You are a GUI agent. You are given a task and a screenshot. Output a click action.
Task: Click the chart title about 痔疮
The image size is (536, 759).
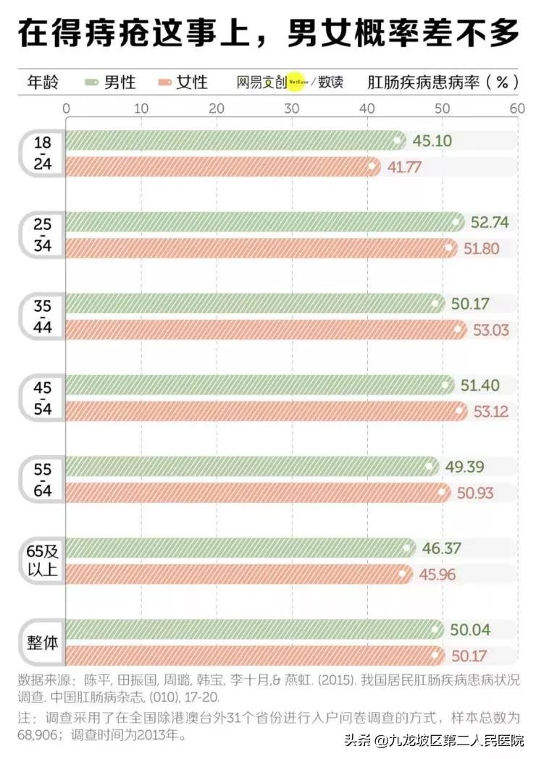tap(268, 33)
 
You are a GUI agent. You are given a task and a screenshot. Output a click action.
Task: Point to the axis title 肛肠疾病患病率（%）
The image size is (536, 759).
tap(443, 82)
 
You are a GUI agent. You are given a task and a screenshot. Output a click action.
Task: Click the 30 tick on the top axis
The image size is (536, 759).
tap(292, 109)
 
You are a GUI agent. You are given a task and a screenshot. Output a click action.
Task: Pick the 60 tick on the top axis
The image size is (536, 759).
tap(516, 109)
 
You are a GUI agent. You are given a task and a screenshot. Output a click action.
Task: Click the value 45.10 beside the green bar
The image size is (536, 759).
tap(432, 140)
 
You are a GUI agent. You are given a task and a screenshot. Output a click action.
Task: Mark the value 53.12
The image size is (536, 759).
tap(490, 412)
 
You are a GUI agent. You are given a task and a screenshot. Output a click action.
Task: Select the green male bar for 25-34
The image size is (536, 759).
tap(264, 221)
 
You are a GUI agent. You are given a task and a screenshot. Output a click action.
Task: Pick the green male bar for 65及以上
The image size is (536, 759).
tap(240, 548)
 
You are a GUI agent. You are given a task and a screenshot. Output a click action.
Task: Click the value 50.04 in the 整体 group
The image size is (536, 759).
tap(470, 630)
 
